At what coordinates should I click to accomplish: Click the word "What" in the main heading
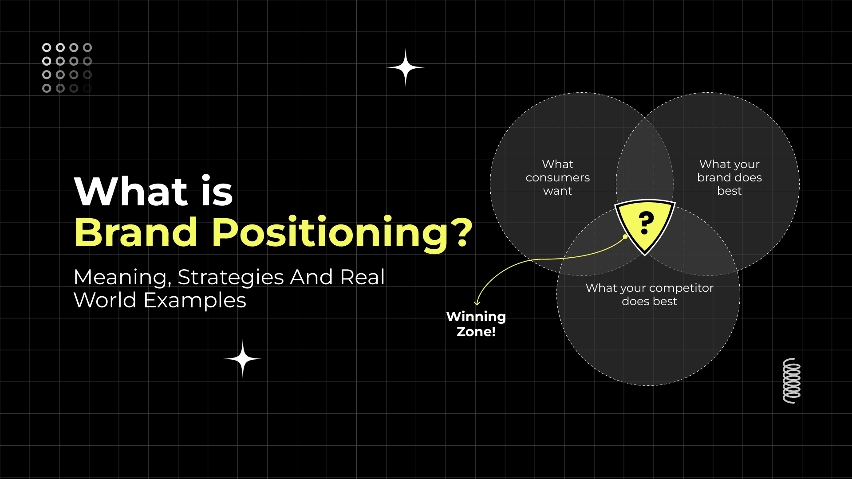(131, 192)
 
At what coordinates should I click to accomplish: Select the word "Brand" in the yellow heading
(136, 232)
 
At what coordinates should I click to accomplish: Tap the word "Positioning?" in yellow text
(342, 233)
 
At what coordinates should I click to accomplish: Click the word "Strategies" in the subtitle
(230, 278)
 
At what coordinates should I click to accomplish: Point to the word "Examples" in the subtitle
(195, 301)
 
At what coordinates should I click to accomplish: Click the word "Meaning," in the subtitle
(122, 278)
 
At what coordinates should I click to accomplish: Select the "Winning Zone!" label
(476, 324)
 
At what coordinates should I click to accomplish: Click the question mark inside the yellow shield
(646, 223)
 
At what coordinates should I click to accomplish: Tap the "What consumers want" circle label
(558, 177)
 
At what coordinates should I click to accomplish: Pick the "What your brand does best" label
(729, 177)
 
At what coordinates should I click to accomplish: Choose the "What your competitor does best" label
(649, 294)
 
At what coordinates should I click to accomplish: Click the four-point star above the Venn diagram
(406, 67)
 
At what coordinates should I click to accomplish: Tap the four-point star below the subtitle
(243, 358)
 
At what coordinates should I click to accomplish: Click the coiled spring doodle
(792, 381)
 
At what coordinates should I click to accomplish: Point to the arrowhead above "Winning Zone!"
(477, 303)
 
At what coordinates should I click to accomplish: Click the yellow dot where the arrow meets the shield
(625, 236)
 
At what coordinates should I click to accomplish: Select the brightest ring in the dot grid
(47, 47)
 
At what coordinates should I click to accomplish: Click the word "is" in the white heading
(217, 192)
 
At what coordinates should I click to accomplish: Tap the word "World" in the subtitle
(105, 301)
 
